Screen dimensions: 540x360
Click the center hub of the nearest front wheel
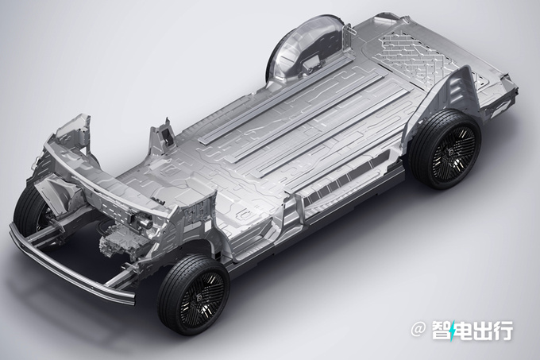[200, 298]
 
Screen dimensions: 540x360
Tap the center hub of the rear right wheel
[452, 153]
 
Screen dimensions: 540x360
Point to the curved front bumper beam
[69, 269]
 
